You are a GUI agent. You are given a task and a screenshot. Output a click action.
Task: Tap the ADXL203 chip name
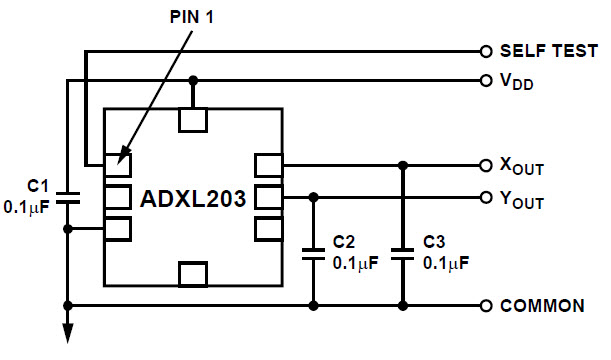point(192,197)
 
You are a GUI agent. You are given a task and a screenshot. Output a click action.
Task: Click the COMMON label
point(541,306)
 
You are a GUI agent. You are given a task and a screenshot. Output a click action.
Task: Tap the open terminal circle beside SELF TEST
point(486,51)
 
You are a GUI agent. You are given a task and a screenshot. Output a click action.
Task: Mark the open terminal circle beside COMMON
point(486,305)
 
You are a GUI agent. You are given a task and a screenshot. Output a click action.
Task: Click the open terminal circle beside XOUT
point(486,164)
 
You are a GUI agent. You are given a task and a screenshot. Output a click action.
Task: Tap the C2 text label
point(342,243)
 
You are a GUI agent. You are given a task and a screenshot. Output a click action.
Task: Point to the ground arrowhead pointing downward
point(67,336)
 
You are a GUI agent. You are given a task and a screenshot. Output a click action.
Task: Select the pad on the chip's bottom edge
point(193,272)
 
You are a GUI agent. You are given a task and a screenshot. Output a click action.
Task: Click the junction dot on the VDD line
point(193,80)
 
